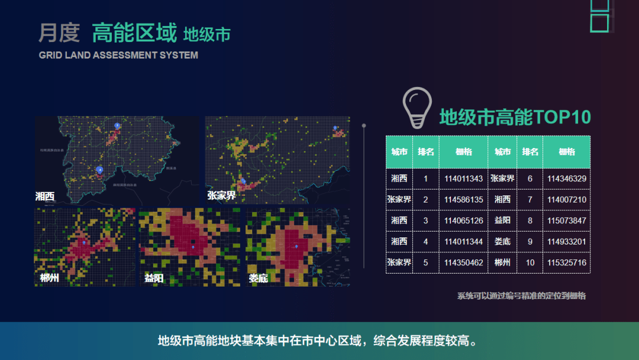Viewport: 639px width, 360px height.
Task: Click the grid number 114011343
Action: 463,178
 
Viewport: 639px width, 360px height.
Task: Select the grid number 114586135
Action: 463,200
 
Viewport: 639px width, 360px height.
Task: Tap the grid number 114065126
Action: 463,220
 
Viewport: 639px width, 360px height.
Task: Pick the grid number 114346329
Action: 567,178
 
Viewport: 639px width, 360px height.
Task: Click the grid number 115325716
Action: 567,262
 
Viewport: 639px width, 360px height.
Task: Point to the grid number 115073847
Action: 567,220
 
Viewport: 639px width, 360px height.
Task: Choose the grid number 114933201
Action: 567,242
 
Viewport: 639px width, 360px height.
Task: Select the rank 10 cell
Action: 530,262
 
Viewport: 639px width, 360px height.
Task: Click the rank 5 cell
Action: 425,262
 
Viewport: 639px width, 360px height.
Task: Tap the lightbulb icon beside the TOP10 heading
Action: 417,107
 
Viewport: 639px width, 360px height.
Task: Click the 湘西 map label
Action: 45,196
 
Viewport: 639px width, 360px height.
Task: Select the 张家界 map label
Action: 221,195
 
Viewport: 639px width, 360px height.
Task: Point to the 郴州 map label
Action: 50,277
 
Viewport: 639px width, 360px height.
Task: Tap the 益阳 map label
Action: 154,278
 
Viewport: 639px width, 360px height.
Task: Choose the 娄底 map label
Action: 258,278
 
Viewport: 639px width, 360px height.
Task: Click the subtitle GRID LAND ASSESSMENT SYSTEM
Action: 118,55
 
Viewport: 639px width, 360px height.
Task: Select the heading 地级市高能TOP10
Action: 515,117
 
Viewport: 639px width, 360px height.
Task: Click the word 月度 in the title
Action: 59,33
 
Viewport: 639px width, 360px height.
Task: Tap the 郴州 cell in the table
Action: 502,262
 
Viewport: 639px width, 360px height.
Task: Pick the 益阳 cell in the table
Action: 502,220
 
